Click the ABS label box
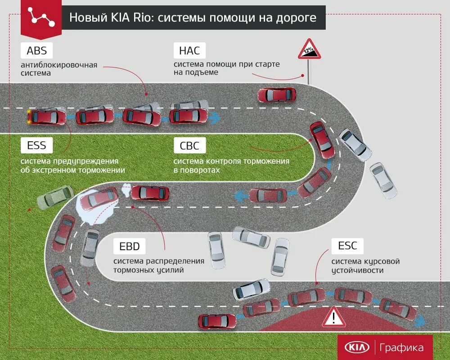point(37,50)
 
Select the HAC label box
point(189,50)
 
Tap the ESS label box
point(37,145)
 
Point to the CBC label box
point(189,145)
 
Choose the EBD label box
point(130,246)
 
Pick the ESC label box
point(347,246)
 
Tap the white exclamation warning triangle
point(333,318)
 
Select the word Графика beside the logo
point(401,347)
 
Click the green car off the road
point(55,197)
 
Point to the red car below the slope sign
point(276,95)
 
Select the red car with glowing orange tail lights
point(46,117)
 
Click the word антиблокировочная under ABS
point(59,65)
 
